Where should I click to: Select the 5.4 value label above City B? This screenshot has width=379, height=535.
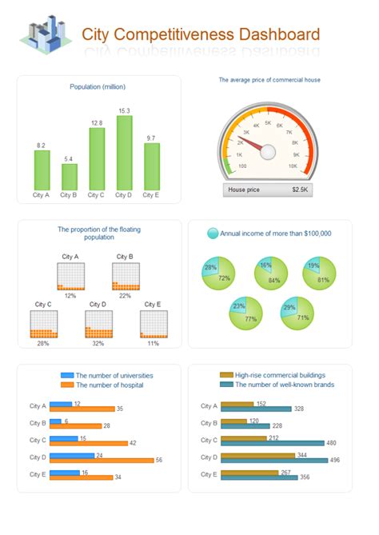click(x=70, y=159)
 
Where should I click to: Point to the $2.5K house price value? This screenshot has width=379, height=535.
click(x=300, y=190)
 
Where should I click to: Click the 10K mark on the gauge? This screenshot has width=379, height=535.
click(x=294, y=166)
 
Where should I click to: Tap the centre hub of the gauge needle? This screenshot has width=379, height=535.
click(x=268, y=150)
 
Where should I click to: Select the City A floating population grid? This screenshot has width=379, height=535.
click(x=70, y=276)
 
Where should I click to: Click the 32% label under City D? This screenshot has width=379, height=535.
click(x=98, y=343)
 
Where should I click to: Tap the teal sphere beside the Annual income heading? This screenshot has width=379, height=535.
click(x=213, y=234)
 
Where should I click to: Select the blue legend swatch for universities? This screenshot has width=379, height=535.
click(x=68, y=374)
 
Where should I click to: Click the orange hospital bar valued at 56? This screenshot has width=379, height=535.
click(x=102, y=460)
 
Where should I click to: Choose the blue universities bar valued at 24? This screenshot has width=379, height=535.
click(x=72, y=454)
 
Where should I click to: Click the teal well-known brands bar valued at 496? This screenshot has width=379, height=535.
click(x=274, y=460)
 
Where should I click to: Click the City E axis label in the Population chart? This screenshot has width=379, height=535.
click(x=151, y=194)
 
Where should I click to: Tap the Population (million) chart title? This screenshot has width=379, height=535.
click(x=98, y=86)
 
